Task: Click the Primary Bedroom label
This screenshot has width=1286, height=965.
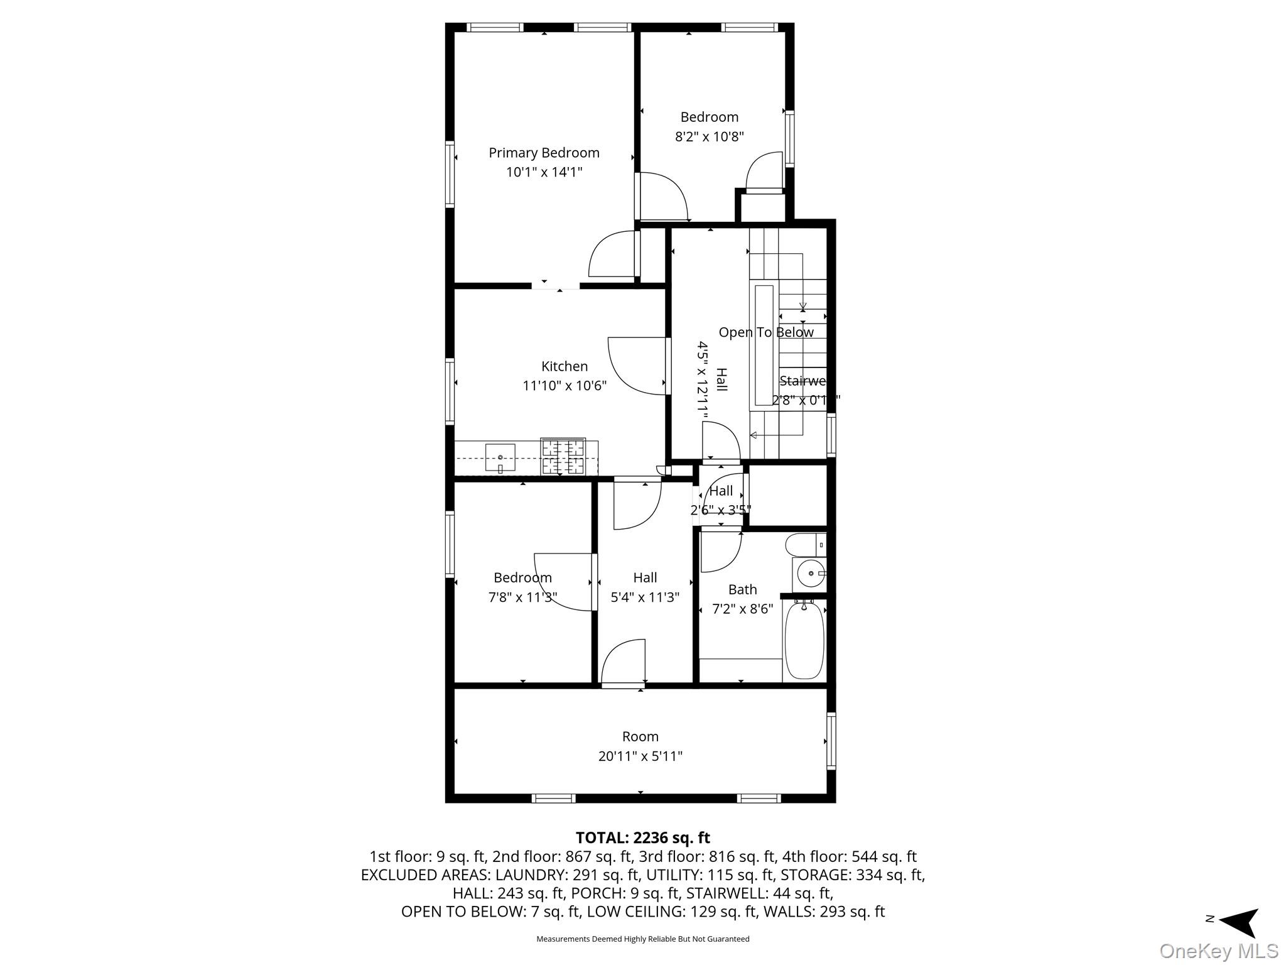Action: [544, 153]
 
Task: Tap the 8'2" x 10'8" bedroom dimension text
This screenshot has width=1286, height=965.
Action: [709, 136]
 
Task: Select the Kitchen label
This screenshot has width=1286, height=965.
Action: [565, 366]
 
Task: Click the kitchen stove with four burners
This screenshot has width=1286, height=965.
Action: [563, 457]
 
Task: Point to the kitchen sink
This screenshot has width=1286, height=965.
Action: [500, 457]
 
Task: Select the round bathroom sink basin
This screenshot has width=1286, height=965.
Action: [810, 574]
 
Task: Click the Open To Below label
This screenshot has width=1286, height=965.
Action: [765, 332]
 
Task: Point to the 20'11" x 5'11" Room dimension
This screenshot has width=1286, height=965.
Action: [640, 756]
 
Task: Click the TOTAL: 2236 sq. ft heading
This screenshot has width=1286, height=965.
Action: [642, 837]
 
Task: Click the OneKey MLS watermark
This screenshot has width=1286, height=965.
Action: [1218, 951]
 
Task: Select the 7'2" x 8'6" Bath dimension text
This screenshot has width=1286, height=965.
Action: [742, 609]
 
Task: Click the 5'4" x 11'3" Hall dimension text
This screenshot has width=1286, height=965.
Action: [645, 597]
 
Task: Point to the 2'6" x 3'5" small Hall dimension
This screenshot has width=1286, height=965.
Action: [720, 510]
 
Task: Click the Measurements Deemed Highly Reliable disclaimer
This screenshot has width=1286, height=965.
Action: [642, 939]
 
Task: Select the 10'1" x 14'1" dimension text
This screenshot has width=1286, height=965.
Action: [544, 172]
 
